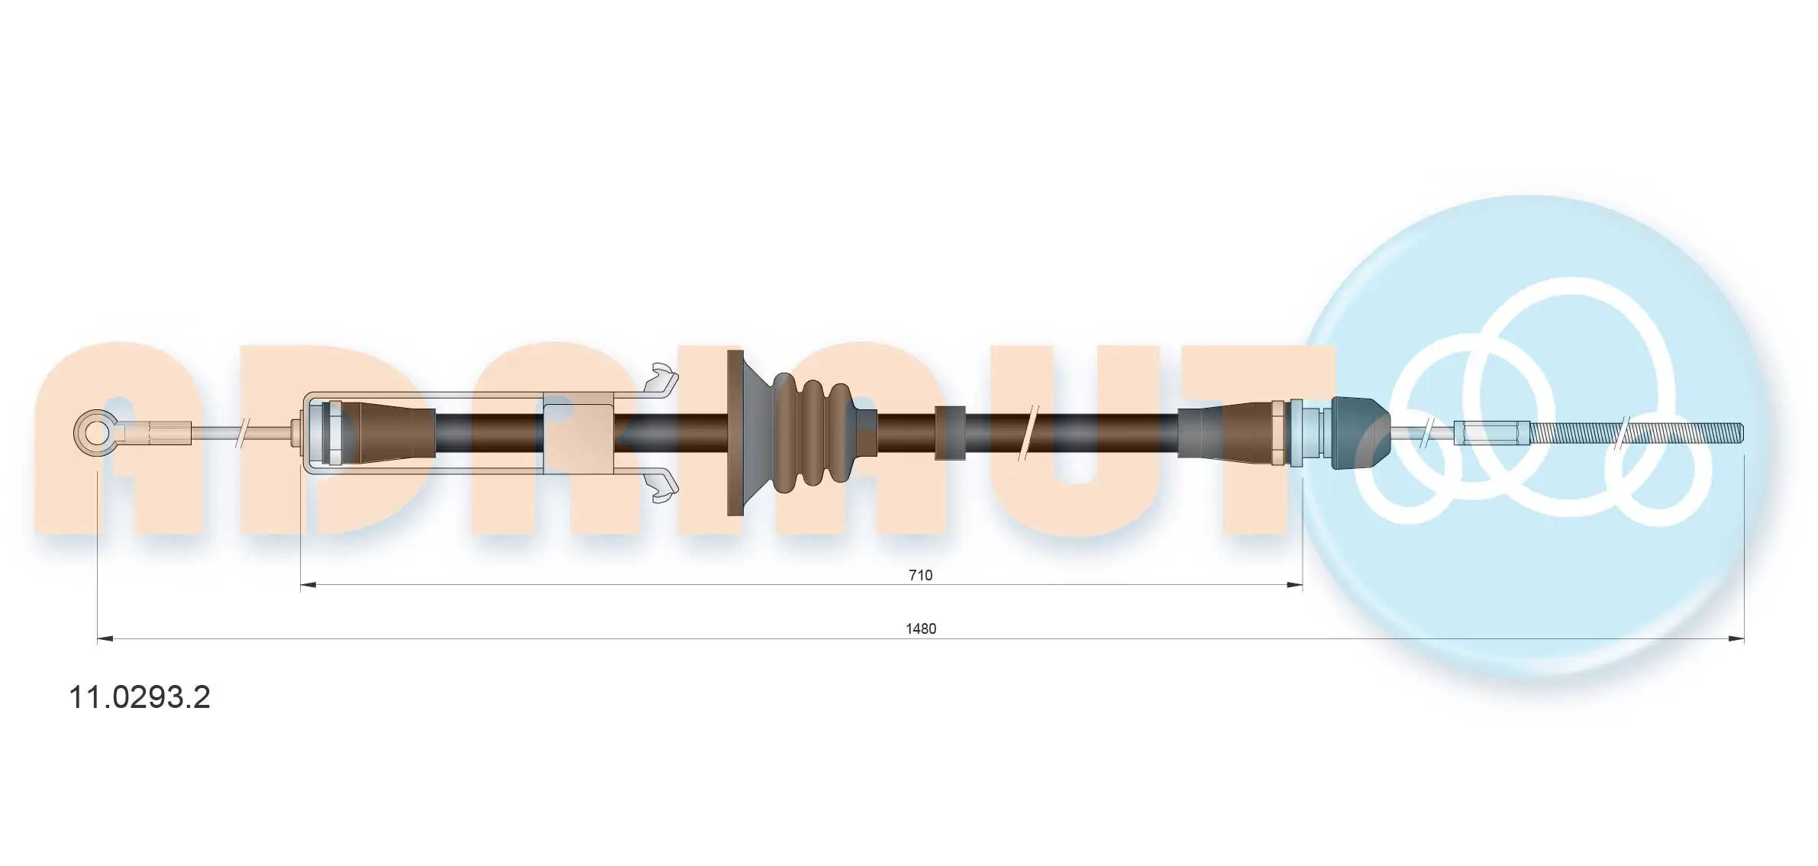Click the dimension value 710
pyautogui.click(x=920, y=575)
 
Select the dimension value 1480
pyautogui.click(x=920, y=628)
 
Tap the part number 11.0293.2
pyautogui.click(x=140, y=697)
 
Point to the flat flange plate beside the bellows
pyautogui.click(x=735, y=433)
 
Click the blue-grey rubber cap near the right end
pyautogui.click(x=1358, y=433)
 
